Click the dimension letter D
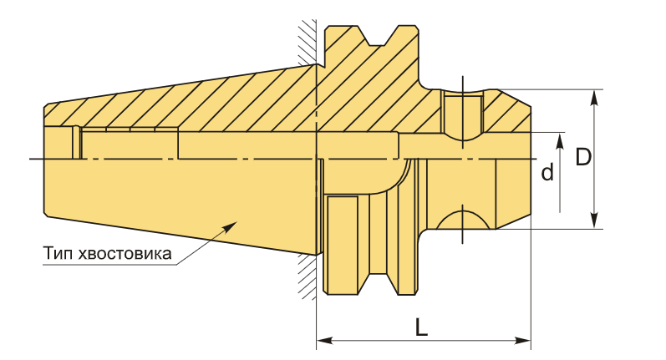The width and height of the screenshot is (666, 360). pyautogui.click(x=583, y=157)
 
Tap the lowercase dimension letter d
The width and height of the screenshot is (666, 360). pyautogui.click(x=547, y=172)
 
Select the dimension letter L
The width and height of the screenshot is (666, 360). pyautogui.click(x=421, y=327)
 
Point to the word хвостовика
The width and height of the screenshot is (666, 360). pyautogui.click(x=125, y=254)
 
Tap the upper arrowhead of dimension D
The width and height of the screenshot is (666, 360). pyautogui.click(x=595, y=98)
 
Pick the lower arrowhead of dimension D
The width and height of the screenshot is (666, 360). pyautogui.click(x=595, y=221)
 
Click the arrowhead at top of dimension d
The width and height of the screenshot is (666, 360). pyautogui.click(x=560, y=141)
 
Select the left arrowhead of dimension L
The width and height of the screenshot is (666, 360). pyautogui.click(x=325, y=341)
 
